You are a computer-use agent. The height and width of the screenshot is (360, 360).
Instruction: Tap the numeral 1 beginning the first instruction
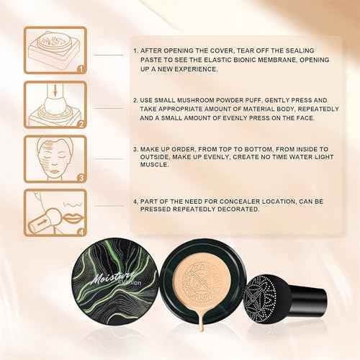135,52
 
